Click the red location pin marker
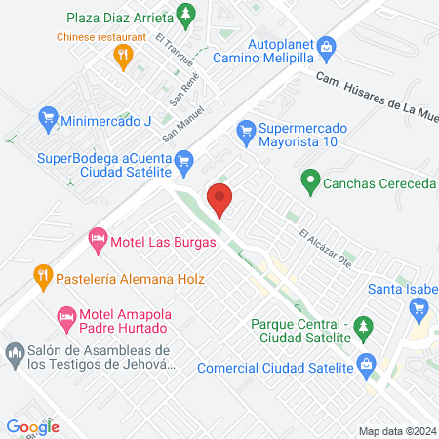click(220, 199)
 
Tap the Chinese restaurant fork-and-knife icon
click(122, 57)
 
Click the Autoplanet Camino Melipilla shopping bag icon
click(328, 45)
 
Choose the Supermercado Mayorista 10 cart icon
click(246, 129)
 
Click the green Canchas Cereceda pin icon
click(309, 179)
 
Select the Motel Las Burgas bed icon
click(98, 237)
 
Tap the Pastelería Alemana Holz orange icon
click(42, 276)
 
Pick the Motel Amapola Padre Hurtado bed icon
click(66, 316)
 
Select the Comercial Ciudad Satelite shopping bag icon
click(367, 367)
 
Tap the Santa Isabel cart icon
click(421, 307)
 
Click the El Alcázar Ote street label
click(325, 248)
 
